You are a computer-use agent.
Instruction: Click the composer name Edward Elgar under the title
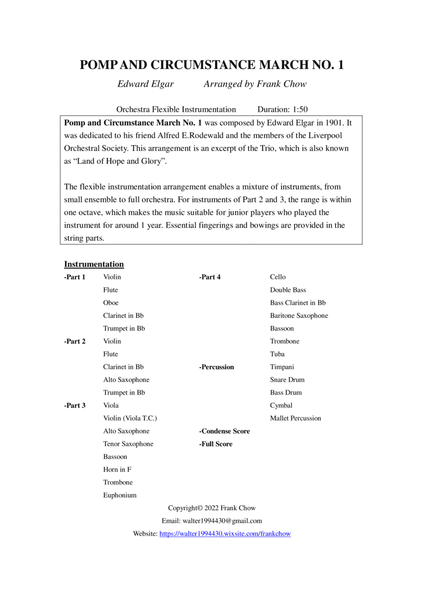pos(146,84)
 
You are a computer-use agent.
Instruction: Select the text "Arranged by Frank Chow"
pos(255,84)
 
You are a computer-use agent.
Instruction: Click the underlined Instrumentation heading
pos(94,264)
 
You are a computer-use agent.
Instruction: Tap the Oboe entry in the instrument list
pos(111,303)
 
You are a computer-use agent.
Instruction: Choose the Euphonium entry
pos(120,495)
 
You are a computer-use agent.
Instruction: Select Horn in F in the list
pos(117,469)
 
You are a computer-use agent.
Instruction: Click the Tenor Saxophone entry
pos(128,444)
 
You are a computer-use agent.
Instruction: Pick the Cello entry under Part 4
pos(277,277)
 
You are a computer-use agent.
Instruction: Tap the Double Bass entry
pos(288,290)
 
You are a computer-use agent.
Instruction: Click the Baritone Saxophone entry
pos(299,315)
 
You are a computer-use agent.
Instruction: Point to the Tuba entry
pos(277,354)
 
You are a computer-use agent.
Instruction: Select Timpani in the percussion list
pos(282,367)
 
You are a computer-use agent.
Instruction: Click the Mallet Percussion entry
pos(295,418)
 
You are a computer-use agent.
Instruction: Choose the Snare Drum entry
pos(287,379)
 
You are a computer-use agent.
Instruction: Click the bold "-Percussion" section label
pos(216,367)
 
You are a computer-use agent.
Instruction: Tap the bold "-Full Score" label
pos(216,444)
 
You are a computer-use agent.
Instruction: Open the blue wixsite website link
pos(225,534)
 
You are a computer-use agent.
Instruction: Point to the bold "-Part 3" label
pos(74,405)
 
